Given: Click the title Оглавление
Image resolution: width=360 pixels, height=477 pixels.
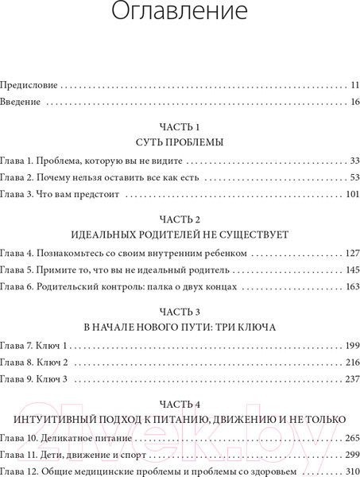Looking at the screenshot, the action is point(180,14).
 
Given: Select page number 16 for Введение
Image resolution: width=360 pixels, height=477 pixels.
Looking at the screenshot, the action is point(354,102).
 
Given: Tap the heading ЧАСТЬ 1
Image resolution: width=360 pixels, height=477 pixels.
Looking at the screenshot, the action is point(180,127).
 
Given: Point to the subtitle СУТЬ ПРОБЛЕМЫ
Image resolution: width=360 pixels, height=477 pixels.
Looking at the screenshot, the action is point(180,144).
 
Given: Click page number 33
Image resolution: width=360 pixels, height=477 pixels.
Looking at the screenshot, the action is point(354,161).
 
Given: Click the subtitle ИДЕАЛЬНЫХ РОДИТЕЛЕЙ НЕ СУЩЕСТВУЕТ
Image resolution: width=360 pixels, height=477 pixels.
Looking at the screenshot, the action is point(180,236).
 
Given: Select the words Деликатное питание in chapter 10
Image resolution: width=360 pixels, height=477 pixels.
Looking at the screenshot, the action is point(91,439).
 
